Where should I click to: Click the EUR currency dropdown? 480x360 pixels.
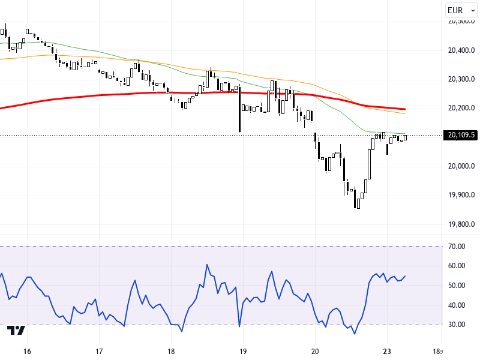[x=460, y=10]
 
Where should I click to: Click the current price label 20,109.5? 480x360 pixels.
[x=461, y=135]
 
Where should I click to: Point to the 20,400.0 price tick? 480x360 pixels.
[x=461, y=50]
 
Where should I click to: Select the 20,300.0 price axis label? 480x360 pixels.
[x=461, y=79]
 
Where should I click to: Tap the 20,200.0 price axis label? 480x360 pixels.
[x=461, y=108]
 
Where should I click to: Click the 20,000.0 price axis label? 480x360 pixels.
[x=461, y=166]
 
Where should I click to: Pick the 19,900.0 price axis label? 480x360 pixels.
[x=461, y=195]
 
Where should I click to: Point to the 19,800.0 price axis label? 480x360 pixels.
[x=461, y=224]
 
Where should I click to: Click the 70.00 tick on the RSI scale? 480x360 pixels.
[x=457, y=247]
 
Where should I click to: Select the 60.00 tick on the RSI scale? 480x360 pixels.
[x=457, y=266]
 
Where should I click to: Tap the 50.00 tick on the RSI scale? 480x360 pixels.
[x=457, y=286]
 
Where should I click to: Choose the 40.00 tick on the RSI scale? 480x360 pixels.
[x=457, y=305]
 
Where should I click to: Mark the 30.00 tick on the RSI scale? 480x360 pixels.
[x=457, y=325]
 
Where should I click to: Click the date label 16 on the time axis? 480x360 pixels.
[x=27, y=351]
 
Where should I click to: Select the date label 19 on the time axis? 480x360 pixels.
[x=243, y=351]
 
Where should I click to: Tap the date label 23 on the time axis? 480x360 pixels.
[x=387, y=351]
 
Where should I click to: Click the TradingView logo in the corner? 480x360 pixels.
[x=16, y=331]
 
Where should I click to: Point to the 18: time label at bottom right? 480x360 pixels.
[x=439, y=351]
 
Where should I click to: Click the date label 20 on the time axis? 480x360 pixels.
[x=315, y=351]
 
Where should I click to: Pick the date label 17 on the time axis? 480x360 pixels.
[x=99, y=351]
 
